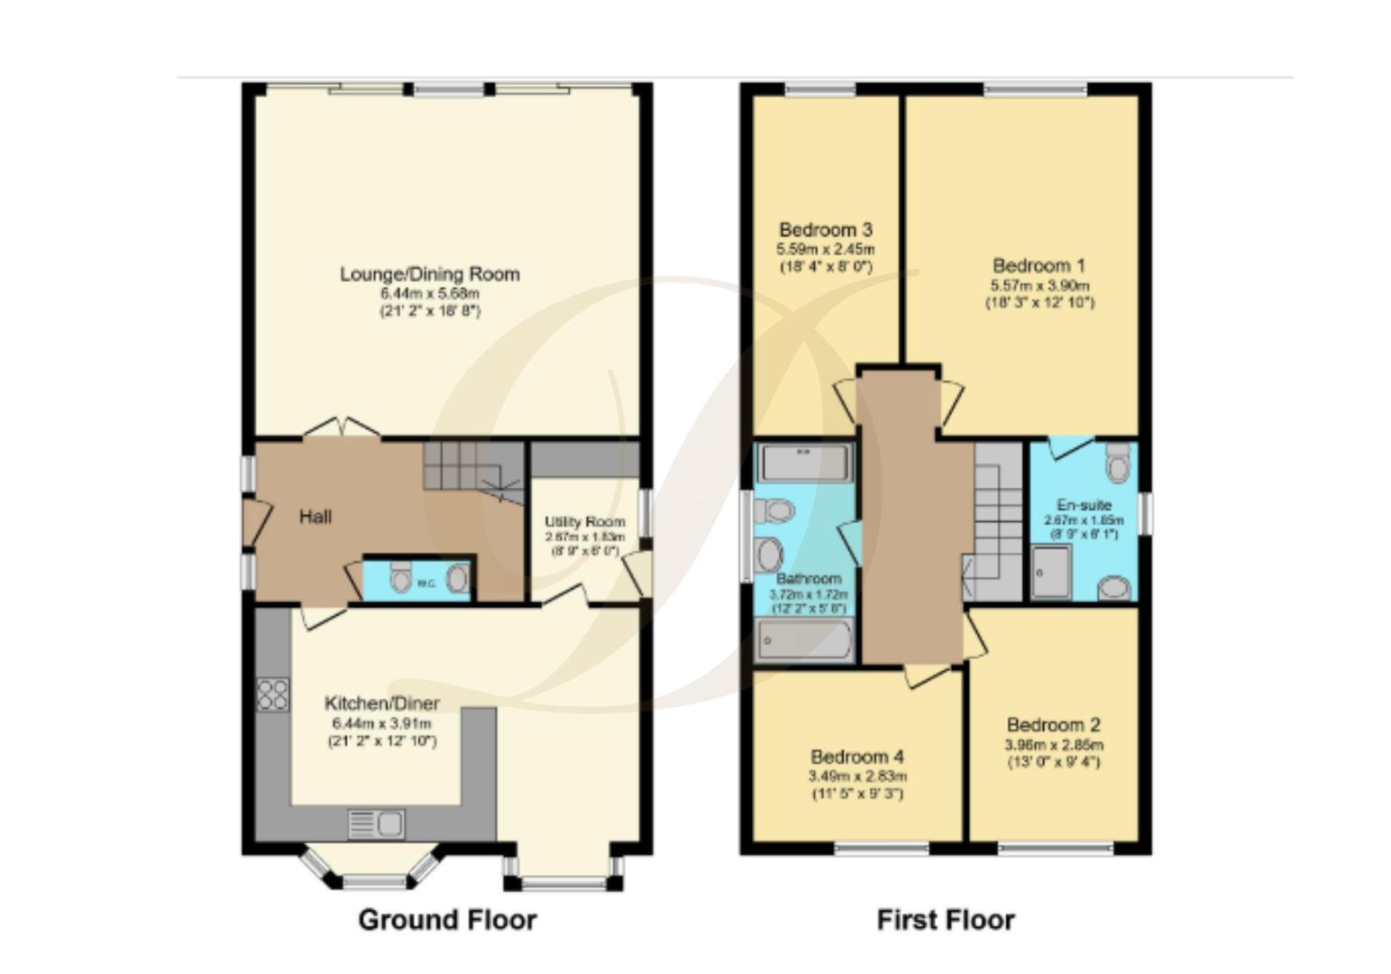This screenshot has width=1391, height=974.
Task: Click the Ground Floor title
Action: click(447, 920)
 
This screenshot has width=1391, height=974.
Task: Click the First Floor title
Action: click(946, 920)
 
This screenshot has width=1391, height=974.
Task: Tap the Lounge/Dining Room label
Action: click(429, 274)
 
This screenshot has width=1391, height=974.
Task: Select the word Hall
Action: click(316, 517)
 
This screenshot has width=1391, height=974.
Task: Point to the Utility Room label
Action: click(584, 522)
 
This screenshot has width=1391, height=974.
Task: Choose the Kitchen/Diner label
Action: click(382, 703)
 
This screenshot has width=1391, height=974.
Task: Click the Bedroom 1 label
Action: click(1039, 266)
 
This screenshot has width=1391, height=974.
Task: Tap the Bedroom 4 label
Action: click(857, 757)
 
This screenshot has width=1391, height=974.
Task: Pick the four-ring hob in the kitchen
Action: click(272, 694)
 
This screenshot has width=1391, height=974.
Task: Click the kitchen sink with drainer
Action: click(376, 824)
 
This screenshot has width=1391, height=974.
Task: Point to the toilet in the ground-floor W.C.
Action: click(401, 577)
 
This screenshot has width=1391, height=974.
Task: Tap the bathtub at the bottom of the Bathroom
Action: click(805, 641)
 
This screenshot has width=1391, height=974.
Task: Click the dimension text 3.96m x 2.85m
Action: click(1054, 745)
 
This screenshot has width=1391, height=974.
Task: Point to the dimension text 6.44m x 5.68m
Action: click(429, 294)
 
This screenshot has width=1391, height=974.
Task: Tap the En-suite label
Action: click(1084, 505)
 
